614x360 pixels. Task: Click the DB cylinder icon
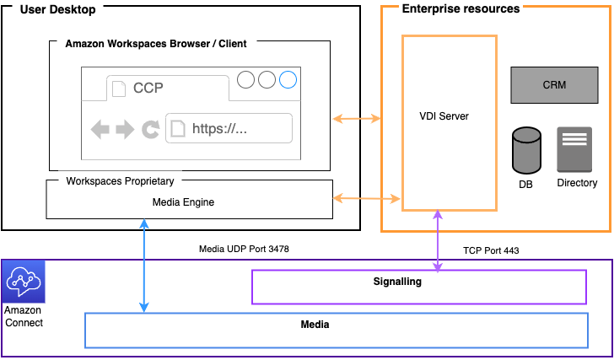coord(526,149)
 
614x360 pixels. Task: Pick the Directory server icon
coord(575,149)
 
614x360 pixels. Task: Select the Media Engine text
coord(183,201)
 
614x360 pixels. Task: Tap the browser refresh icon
coord(150,129)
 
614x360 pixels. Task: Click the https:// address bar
coord(229,129)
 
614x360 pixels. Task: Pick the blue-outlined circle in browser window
coord(288,80)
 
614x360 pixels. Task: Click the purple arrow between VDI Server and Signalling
coord(438,240)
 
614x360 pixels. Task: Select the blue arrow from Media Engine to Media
coord(145,266)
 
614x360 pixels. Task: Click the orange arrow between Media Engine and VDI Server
coord(367,199)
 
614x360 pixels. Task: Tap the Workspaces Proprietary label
coord(120,181)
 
